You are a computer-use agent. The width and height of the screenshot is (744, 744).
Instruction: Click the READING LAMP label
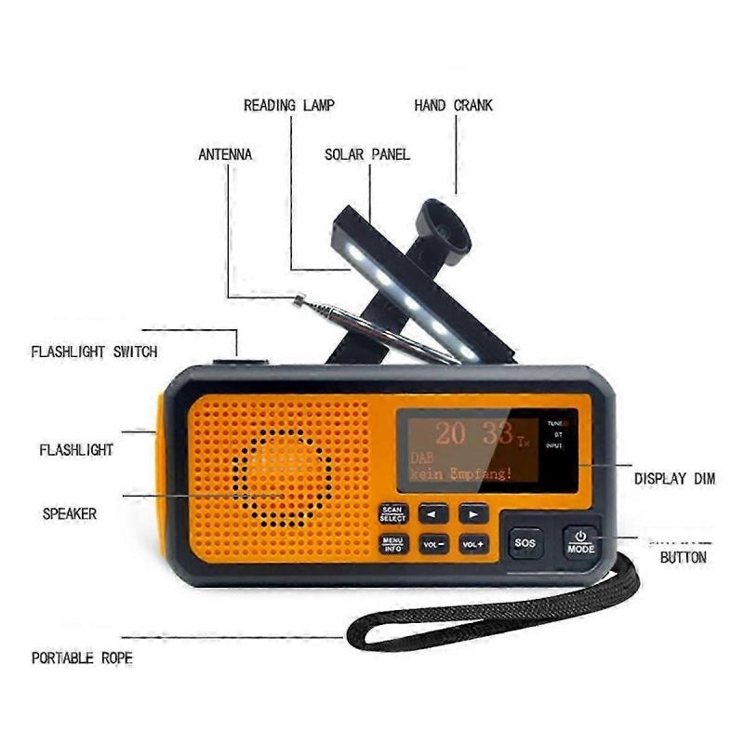(x=288, y=105)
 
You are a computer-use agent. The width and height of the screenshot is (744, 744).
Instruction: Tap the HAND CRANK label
(x=453, y=105)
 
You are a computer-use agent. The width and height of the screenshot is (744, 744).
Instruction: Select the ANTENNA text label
(x=225, y=153)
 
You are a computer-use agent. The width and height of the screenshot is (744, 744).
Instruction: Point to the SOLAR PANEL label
(x=366, y=153)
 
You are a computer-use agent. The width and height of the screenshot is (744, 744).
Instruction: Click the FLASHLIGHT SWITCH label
(x=94, y=352)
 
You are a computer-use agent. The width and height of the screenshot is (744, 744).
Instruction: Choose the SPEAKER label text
(x=69, y=512)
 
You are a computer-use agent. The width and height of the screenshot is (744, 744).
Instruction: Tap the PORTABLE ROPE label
(x=82, y=658)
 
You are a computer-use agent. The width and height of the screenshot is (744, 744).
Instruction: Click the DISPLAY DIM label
(x=674, y=479)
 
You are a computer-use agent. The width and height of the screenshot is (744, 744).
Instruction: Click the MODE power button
(x=580, y=542)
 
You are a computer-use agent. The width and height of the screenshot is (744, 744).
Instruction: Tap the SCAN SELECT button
(x=392, y=514)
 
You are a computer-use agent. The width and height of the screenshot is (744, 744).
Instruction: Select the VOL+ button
(x=473, y=543)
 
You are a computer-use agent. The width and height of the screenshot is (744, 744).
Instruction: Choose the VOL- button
(x=433, y=543)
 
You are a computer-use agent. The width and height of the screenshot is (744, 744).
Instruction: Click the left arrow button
(x=432, y=513)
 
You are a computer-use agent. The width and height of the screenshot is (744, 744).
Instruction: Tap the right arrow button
(x=473, y=513)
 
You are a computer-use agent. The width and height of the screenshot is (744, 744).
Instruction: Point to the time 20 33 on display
(x=465, y=434)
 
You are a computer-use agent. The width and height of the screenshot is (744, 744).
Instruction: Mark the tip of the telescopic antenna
(x=299, y=299)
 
